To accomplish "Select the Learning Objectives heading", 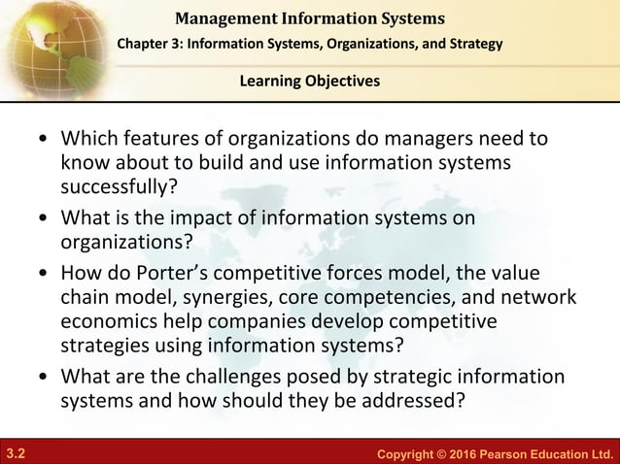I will click(x=310, y=81).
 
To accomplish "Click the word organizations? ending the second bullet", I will click(x=122, y=240).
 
